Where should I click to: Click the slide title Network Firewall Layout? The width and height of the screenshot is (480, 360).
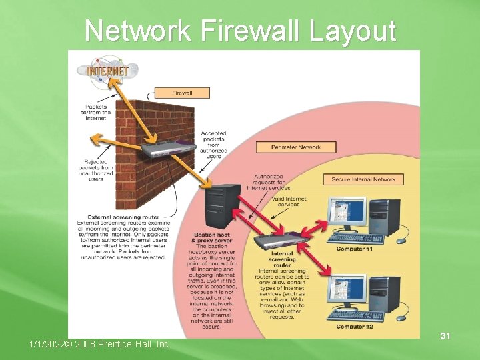(x=240, y=31)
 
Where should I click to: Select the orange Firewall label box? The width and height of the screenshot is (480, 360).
(x=182, y=93)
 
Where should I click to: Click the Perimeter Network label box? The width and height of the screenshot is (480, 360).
(x=296, y=147)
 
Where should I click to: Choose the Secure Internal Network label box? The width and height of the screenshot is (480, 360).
(x=364, y=179)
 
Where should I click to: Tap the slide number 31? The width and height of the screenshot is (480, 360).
(x=445, y=337)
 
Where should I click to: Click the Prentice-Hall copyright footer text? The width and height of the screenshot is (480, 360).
(x=100, y=344)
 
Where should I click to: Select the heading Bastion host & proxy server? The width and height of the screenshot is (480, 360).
(x=213, y=237)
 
